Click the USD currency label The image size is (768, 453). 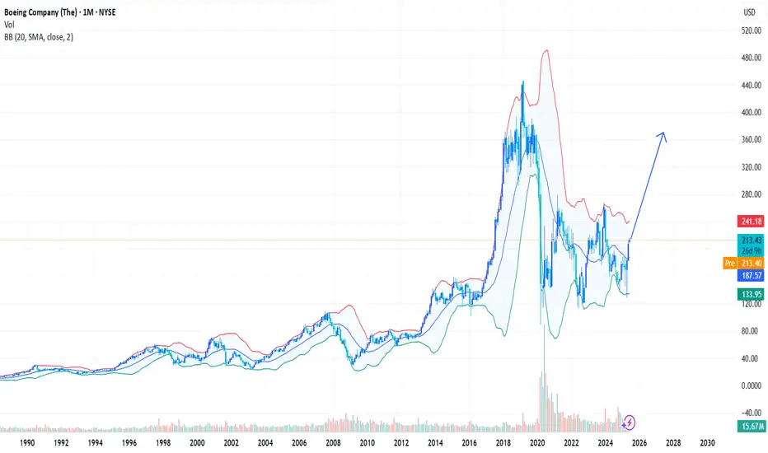(x=749, y=12)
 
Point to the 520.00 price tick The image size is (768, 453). (x=748, y=30)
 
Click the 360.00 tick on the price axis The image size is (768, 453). (x=748, y=140)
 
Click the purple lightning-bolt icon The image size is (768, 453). (x=630, y=422)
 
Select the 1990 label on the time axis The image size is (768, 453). (x=27, y=442)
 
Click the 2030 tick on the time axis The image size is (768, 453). (x=706, y=442)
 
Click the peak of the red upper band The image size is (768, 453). (x=546, y=51)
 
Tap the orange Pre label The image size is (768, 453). (x=728, y=264)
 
